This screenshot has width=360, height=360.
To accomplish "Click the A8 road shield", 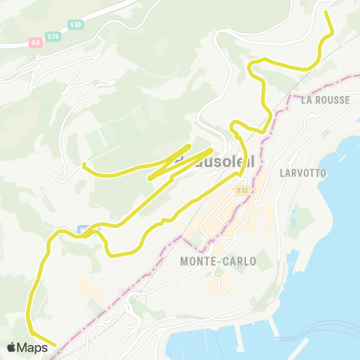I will click(x=35, y=41).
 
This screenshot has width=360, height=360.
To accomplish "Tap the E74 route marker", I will click(x=53, y=36).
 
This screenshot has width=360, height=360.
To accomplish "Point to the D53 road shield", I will click(x=241, y=190).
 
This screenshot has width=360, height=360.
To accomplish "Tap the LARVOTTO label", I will click(x=302, y=172).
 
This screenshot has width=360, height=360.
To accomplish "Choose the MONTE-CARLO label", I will click(x=217, y=261).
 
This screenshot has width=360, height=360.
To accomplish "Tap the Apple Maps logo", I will click(x=11, y=347).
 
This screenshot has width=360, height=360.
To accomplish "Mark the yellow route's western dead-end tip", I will click(x=82, y=163).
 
